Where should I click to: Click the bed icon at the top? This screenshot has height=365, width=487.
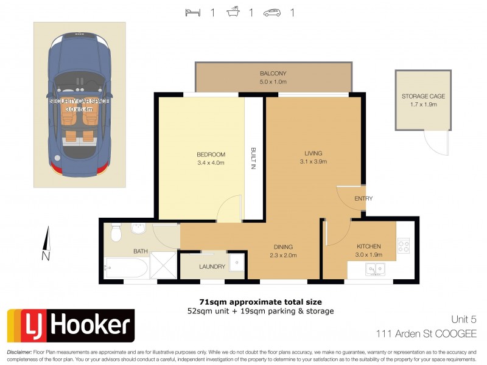coord(193,12)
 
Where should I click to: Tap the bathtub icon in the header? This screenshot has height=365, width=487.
coord(233,12)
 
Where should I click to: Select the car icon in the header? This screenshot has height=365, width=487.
coord(273,12)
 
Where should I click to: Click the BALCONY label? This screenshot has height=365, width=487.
coord(273,74)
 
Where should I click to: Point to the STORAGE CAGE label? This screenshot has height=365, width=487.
coord(423,96)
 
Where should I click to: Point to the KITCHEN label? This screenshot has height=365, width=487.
coord(368,246)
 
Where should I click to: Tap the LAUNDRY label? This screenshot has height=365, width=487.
coord(212,266)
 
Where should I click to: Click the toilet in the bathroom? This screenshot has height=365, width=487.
coord(116,232)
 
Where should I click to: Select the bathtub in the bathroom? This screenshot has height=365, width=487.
coord(126,268)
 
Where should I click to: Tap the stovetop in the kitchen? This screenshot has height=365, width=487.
coord(404,246)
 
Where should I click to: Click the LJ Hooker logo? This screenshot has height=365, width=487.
coord(70,325)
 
